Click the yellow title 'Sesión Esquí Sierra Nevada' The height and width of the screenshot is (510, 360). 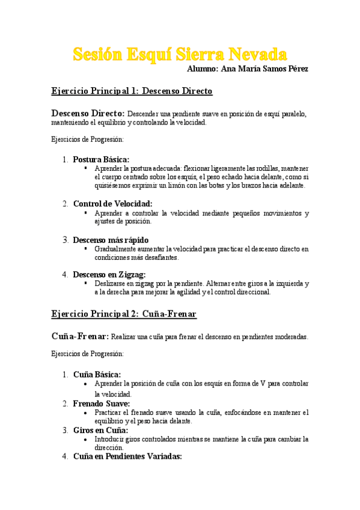pos(180,55)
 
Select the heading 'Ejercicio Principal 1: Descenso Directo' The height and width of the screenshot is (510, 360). pos(132,91)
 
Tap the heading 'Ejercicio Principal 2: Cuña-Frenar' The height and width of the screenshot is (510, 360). pos(124,314)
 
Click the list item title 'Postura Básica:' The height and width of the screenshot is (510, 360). pos(101,159)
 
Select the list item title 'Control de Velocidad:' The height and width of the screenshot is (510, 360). pos(112,204)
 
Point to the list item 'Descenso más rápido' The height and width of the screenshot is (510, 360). pos(111,240)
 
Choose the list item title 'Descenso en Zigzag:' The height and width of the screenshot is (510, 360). pos(109,274)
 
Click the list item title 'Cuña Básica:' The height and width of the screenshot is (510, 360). pos(97,374)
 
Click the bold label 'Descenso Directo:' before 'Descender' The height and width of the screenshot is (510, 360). pos(88,113)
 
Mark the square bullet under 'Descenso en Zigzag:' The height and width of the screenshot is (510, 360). pos(87,283)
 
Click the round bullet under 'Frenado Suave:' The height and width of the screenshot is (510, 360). pos(87,413)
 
